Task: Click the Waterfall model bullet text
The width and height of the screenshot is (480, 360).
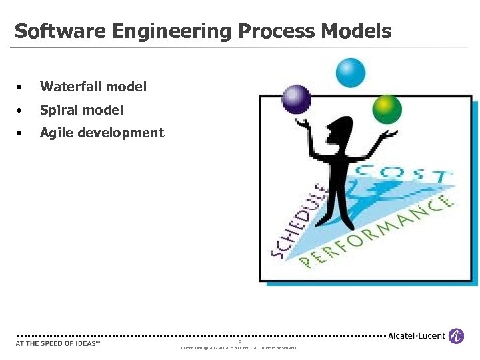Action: point(93,87)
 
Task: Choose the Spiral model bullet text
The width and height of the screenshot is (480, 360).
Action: point(81,110)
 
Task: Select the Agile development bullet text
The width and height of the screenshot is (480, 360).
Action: point(101,133)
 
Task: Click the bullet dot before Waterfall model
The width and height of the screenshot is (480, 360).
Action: point(22,87)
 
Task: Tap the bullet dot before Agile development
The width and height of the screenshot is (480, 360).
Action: point(22,133)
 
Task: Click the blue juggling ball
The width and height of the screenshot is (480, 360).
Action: point(350,73)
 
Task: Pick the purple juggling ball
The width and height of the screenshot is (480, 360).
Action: point(296,99)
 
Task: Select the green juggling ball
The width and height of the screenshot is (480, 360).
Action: point(387,109)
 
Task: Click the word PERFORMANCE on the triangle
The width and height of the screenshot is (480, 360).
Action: point(377,230)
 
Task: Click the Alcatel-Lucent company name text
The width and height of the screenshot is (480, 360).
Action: point(417,336)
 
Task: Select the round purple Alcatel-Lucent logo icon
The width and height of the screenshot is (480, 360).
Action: point(456,336)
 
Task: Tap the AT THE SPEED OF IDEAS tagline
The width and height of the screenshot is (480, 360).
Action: point(57,343)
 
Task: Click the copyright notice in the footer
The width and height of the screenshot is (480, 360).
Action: point(239,348)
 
